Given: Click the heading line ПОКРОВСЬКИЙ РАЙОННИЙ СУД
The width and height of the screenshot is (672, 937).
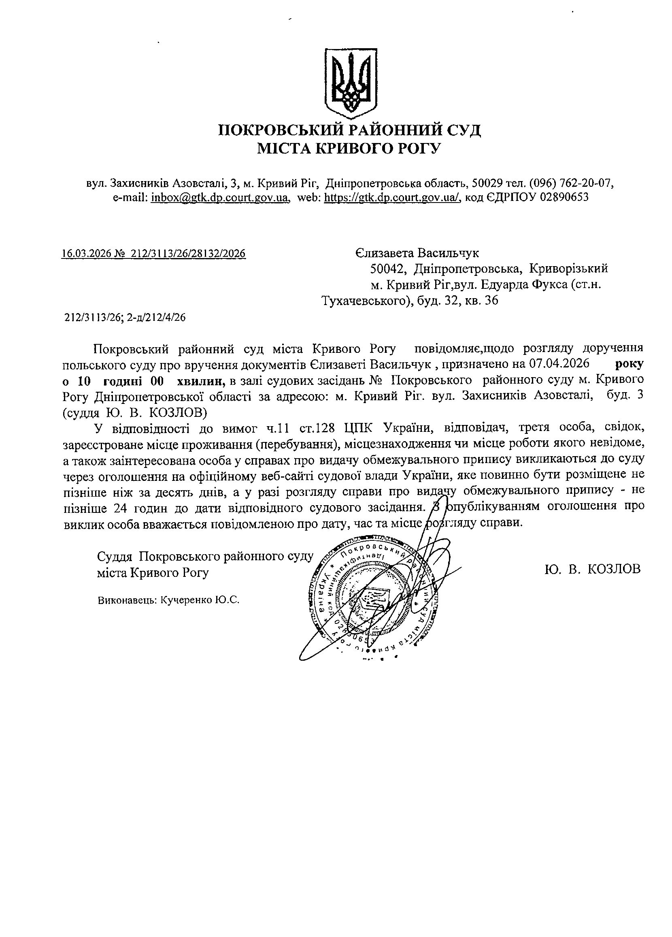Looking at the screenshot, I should [349, 130].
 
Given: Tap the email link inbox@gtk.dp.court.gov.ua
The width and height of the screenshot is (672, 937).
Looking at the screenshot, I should [219, 197].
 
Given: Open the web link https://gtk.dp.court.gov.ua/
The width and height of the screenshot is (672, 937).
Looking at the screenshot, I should [392, 197].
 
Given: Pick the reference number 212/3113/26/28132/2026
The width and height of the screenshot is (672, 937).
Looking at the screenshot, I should [188, 253].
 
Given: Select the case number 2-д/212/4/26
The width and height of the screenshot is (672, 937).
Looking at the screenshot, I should [156, 317].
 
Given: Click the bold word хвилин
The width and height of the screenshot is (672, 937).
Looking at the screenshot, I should [201, 379].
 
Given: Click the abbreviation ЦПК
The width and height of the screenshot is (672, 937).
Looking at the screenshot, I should [359, 428].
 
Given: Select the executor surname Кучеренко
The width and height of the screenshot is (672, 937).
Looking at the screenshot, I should [185, 600].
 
